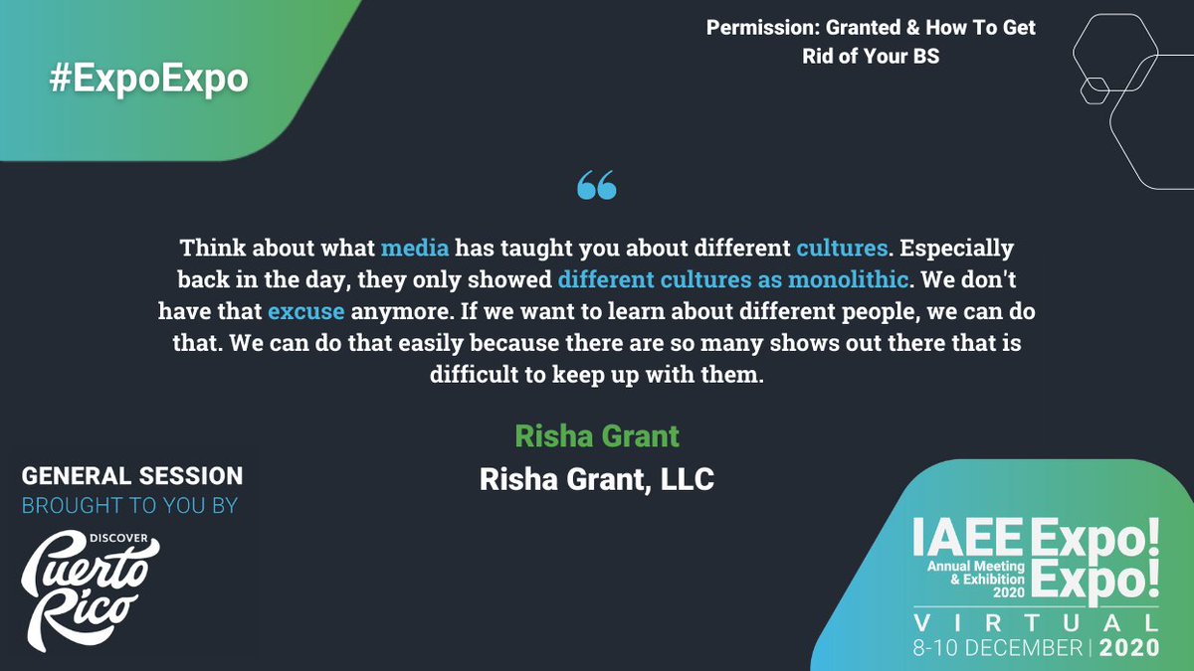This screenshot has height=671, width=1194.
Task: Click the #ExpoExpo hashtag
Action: [x=148, y=80]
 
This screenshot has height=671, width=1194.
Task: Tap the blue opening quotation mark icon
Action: [x=597, y=185]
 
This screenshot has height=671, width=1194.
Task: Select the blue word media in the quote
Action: [x=415, y=248]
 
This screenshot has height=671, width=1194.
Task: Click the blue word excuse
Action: [x=306, y=311]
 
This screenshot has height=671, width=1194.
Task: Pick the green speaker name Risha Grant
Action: [x=597, y=435]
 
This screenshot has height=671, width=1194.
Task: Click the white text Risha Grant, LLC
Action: [x=597, y=479]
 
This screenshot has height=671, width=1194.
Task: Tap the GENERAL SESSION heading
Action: [x=132, y=476]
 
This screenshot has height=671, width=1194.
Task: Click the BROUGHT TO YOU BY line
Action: [x=129, y=506]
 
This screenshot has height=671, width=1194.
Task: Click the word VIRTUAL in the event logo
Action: [x=1036, y=623]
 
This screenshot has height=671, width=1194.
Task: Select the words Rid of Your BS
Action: [x=871, y=57]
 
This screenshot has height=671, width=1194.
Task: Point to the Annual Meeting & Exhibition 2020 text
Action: [x=974, y=579]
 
